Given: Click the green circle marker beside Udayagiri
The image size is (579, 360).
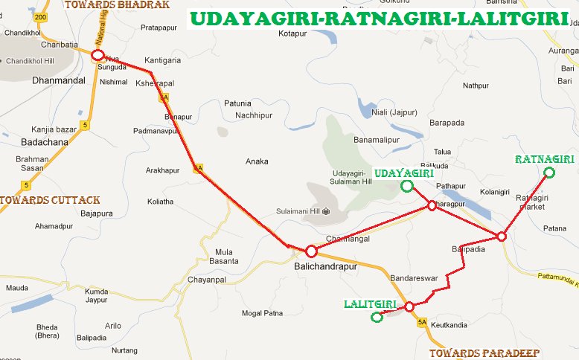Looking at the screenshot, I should click(x=406, y=186).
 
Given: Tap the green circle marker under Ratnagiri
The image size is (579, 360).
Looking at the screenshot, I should click(x=549, y=173).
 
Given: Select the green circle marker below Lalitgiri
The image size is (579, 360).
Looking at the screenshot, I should click(x=377, y=318).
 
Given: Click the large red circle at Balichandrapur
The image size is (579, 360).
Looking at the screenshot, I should click(x=312, y=251).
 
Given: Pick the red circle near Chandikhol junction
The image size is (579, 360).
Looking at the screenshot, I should click(x=97, y=55).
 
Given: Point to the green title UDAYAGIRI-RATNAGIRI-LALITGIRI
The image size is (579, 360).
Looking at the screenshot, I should click(x=377, y=18).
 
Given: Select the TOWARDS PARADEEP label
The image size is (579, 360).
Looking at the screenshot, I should click(x=484, y=353).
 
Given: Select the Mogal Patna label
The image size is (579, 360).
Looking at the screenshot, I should click(x=262, y=313).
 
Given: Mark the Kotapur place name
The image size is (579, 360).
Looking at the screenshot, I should click(x=292, y=33).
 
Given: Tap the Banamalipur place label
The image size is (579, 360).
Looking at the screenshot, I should click(x=377, y=139).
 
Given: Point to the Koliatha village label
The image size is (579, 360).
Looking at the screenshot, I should click(x=160, y=201).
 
